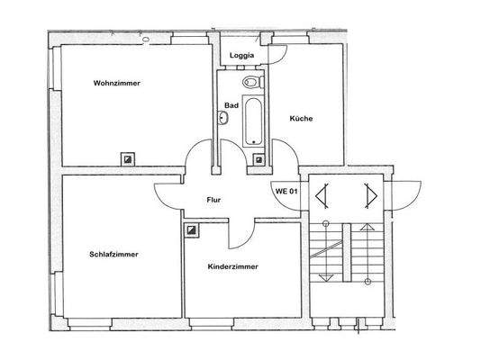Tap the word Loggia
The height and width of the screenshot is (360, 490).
pos(241,56)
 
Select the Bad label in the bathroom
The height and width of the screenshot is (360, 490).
pos(231,104)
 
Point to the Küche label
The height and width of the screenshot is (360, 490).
pos(301,119)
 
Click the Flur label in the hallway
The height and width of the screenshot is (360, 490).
pos(214,200)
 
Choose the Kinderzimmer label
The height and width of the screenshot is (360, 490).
pos(233,267)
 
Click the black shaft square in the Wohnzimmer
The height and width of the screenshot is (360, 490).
pos(129,158)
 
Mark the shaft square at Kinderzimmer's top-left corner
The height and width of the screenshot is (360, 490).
pos(192,230)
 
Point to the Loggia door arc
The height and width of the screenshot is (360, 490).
pos(278,50)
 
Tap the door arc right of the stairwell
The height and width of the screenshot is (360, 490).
pos(407,192)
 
